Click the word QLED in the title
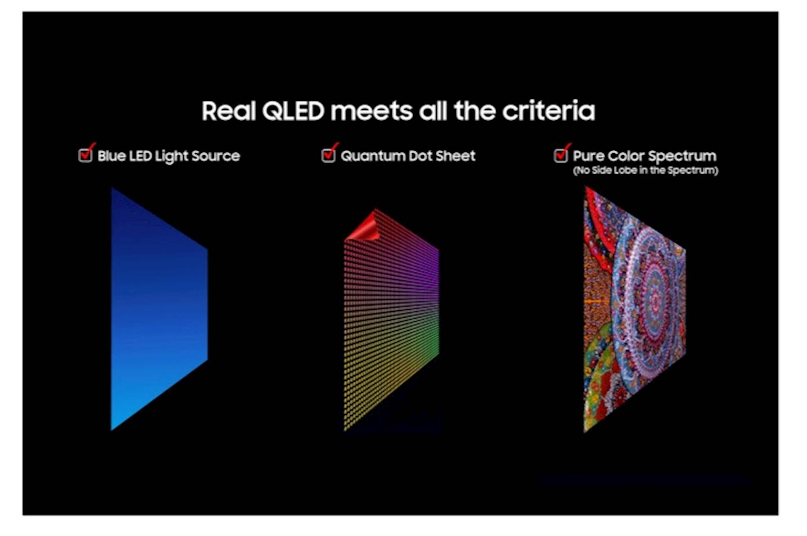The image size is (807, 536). pyautogui.click(x=293, y=111)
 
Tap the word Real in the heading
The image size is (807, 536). pyautogui.click(x=228, y=111)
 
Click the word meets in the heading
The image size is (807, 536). pyautogui.click(x=371, y=111)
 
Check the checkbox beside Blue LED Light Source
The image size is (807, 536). pyautogui.click(x=85, y=155)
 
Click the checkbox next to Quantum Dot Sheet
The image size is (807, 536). pyautogui.click(x=328, y=155)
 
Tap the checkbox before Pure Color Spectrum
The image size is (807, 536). pyautogui.click(x=560, y=155)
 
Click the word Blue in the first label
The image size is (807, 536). pyautogui.click(x=111, y=156)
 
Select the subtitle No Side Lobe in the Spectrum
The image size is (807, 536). pyautogui.click(x=645, y=170)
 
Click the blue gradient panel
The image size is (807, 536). pyautogui.click(x=156, y=308)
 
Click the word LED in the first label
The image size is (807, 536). pyautogui.click(x=140, y=156)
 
